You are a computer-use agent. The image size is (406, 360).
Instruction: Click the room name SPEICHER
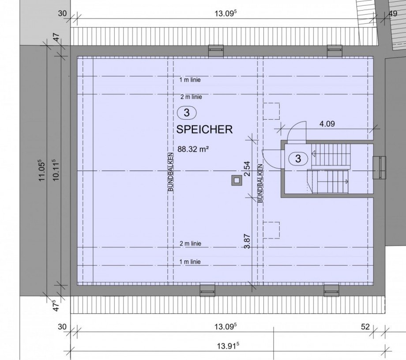tap(204, 129)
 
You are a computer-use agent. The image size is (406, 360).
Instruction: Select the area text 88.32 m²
tap(193, 149)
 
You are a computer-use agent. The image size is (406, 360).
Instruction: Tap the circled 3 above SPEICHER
tap(187, 113)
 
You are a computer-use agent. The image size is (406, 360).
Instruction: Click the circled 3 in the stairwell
tap(298, 158)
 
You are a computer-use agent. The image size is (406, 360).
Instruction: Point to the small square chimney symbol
tap(237, 180)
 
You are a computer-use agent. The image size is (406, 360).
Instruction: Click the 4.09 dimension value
tap(327, 124)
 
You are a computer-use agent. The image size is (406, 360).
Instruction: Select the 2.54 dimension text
tap(248, 169)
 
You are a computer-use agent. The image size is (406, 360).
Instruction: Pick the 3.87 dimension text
tap(248, 241)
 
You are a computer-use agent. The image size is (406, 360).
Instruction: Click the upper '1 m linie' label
tap(190, 80)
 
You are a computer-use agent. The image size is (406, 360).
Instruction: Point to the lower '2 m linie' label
tap(191, 244)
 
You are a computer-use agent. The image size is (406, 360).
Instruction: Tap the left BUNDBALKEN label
tap(171, 172)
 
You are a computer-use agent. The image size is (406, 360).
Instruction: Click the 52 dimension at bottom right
tap(365, 327)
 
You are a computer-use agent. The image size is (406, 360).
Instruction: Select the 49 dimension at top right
tap(393, 14)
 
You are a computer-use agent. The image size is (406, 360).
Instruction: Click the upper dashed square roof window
tap(271, 111)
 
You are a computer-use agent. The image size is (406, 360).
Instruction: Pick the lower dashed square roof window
tap(271, 230)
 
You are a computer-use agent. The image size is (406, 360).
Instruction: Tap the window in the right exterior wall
tap(380, 168)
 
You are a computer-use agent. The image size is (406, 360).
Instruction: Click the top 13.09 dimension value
tap(226, 14)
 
